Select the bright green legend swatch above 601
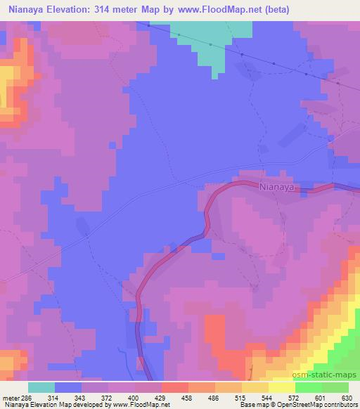(x=309, y=387)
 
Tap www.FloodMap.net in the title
(x=224, y=10)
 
